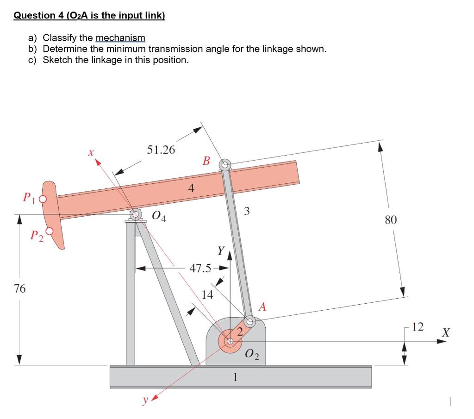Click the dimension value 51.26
pyautogui.click(x=161, y=150)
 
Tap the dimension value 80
pyautogui.click(x=391, y=220)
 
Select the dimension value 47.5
pyautogui.click(x=200, y=268)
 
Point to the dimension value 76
pyautogui.click(x=19, y=289)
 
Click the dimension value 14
pyautogui.click(x=208, y=294)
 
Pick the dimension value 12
pyautogui.click(x=418, y=327)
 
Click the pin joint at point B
pyautogui.click(x=225, y=164)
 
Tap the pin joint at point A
pyautogui.click(x=249, y=320)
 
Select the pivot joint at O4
pyautogui.click(x=136, y=214)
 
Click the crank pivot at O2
pyautogui.click(x=230, y=342)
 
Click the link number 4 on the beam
pyautogui.click(x=191, y=188)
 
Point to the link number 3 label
pyautogui.click(x=247, y=212)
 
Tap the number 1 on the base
pyautogui.click(x=235, y=377)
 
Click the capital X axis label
pyautogui.click(x=445, y=332)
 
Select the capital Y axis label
pyautogui.click(x=221, y=251)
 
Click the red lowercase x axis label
pyautogui.click(x=91, y=151)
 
